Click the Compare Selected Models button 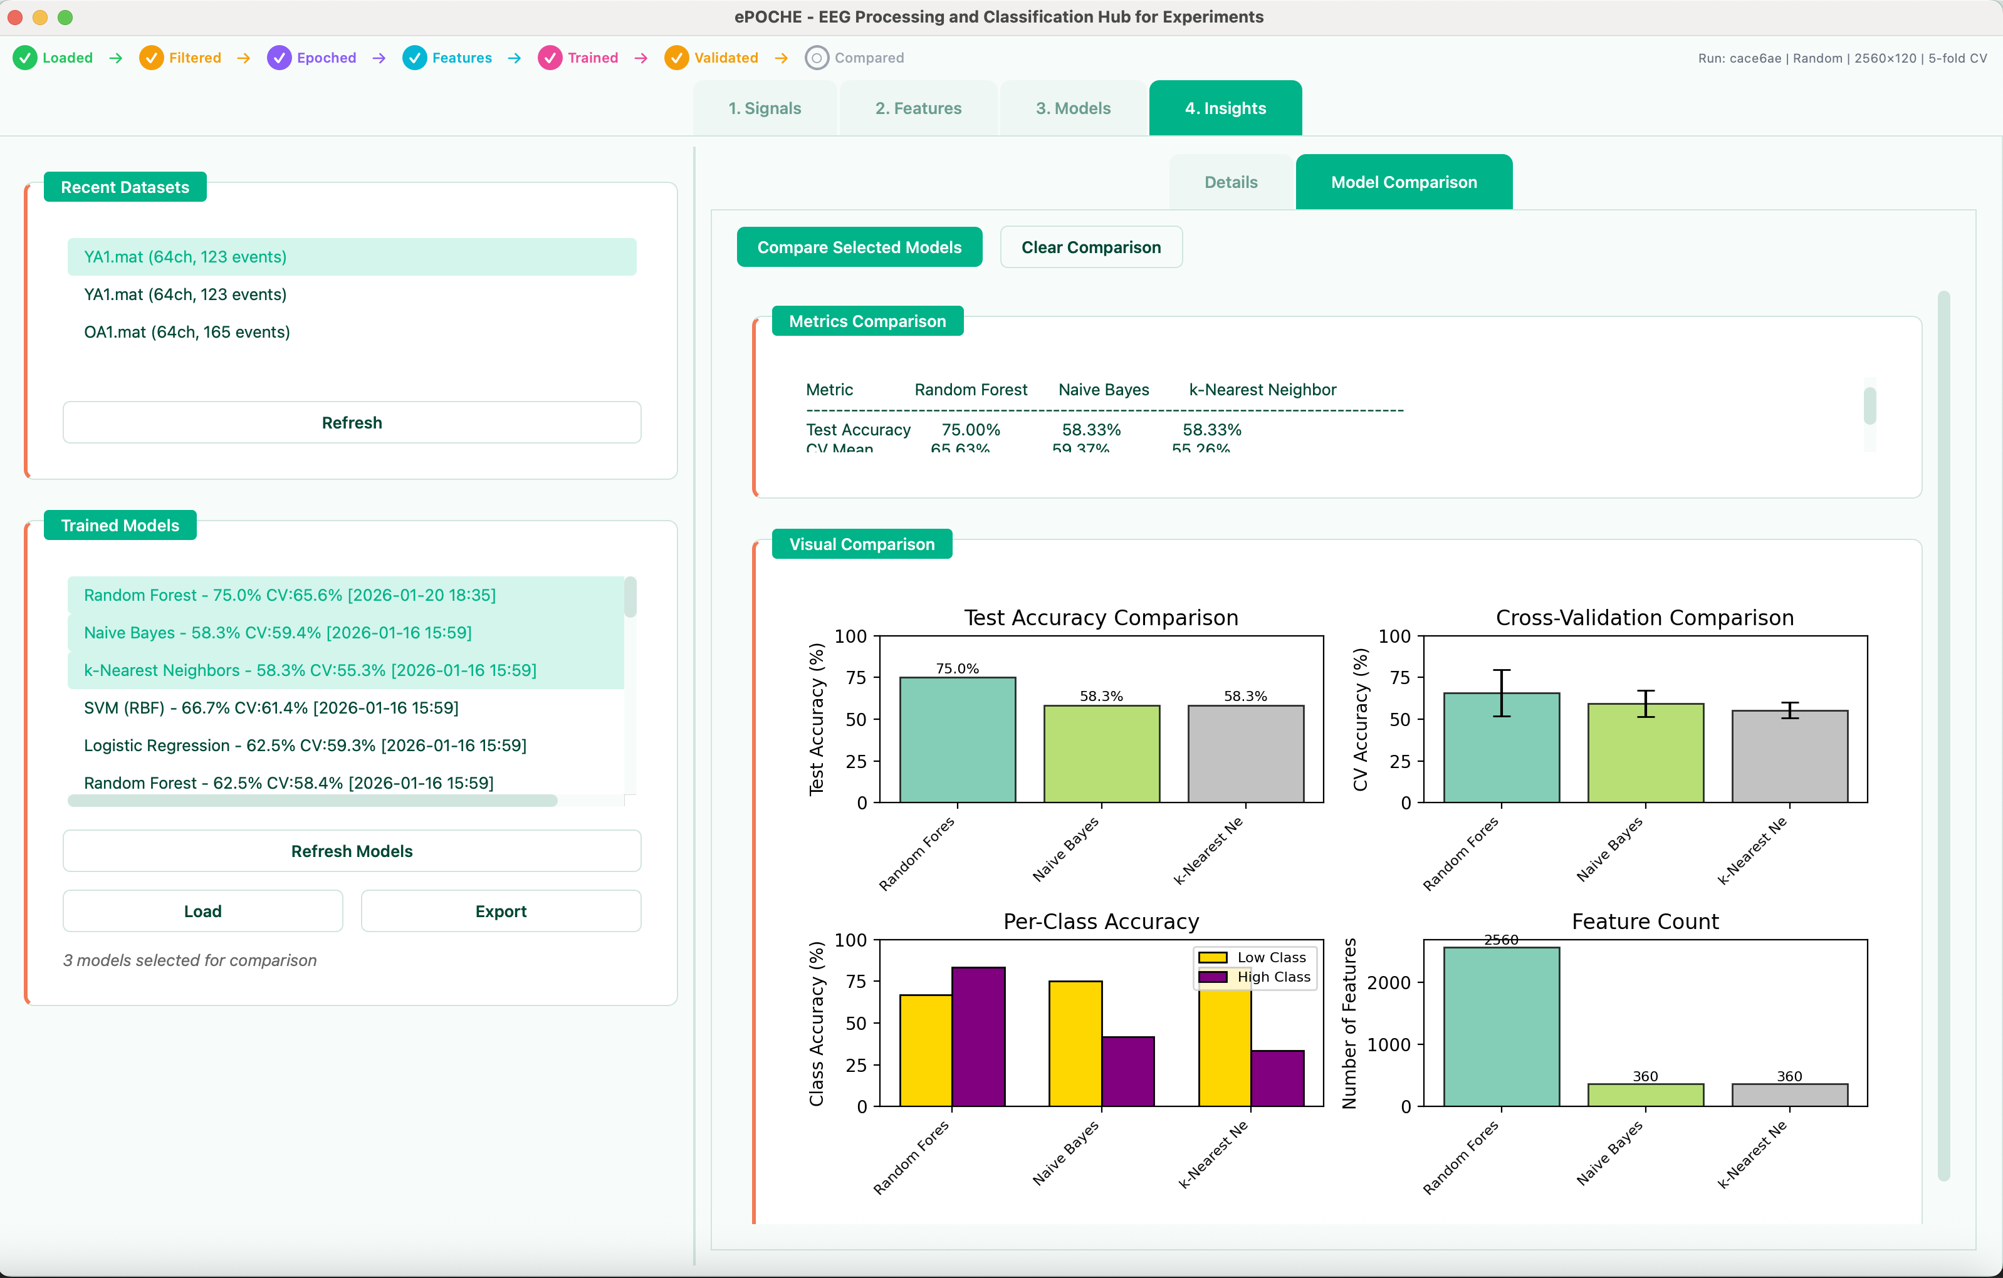pyautogui.click(x=859, y=247)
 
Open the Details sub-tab pyautogui.click(x=1230, y=182)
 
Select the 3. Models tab pyautogui.click(x=1072, y=108)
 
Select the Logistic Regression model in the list pyautogui.click(x=305, y=745)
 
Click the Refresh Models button pyautogui.click(x=351, y=851)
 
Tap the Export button pyautogui.click(x=500, y=912)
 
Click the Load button pyautogui.click(x=202, y=912)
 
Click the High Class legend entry pyautogui.click(x=1273, y=977)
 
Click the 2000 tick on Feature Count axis pyautogui.click(x=1388, y=983)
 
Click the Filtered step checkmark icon pyautogui.click(x=150, y=58)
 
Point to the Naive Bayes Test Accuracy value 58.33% pyautogui.click(x=1090, y=430)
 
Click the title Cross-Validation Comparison pyautogui.click(x=1644, y=618)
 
